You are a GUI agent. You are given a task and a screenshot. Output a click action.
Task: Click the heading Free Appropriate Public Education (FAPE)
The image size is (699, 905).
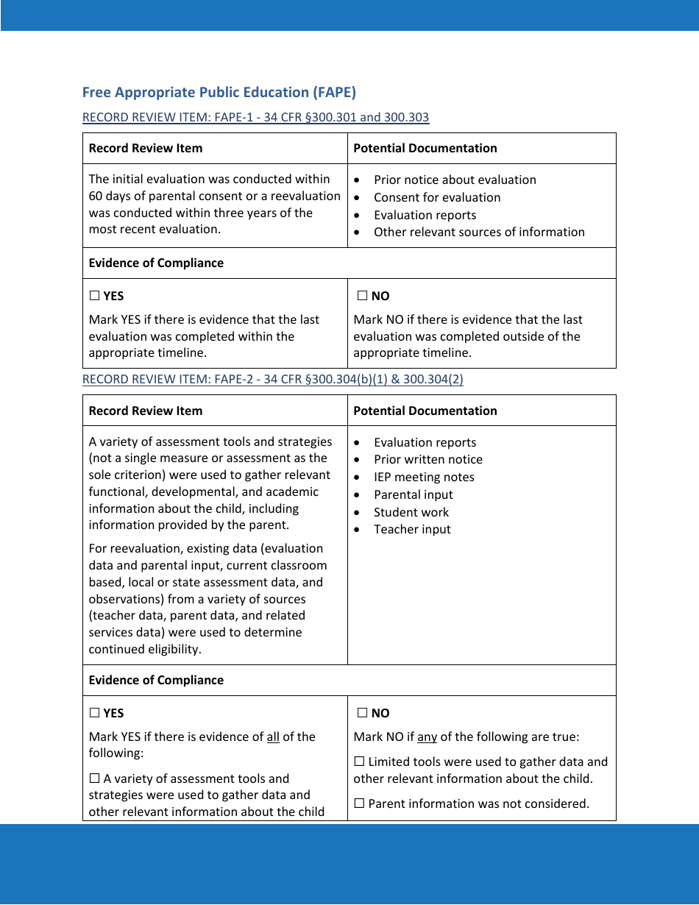click(219, 92)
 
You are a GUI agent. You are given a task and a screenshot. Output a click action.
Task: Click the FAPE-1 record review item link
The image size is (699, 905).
click(255, 117)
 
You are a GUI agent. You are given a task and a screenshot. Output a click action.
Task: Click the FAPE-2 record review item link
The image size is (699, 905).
click(272, 379)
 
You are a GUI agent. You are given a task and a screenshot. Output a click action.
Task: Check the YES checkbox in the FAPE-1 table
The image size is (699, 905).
click(94, 296)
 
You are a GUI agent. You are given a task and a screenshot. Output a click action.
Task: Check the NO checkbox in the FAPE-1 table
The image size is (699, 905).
click(362, 296)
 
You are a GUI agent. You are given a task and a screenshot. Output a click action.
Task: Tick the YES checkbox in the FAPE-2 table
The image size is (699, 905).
click(94, 713)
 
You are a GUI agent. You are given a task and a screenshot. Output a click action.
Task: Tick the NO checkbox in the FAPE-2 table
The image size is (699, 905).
click(362, 713)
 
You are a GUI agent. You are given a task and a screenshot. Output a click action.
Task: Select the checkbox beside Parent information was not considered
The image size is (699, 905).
click(359, 803)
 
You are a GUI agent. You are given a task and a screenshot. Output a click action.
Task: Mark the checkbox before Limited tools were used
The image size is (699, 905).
click(359, 762)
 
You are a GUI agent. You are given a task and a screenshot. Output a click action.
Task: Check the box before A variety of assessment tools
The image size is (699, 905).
click(94, 778)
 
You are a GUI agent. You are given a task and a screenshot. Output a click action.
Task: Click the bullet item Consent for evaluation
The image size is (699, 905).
click(436, 197)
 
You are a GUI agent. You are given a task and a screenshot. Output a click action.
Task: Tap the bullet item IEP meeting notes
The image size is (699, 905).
click(424, 477)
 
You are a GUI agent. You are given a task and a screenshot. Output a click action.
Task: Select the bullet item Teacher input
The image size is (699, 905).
click(412, 529)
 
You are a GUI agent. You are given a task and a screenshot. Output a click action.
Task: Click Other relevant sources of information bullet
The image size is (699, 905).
click(479, 232)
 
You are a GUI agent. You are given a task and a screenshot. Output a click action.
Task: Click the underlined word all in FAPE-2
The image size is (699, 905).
click(273, 737)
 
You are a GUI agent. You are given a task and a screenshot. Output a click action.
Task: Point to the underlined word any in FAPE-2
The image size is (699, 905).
click(427, 737)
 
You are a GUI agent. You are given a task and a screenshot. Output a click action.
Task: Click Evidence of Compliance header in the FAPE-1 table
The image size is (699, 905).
click(156, 263)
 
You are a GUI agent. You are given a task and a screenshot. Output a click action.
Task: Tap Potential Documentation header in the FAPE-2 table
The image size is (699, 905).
click(425, 411)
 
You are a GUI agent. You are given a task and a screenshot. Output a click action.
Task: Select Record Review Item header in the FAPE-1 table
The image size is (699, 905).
click(145, 148)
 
